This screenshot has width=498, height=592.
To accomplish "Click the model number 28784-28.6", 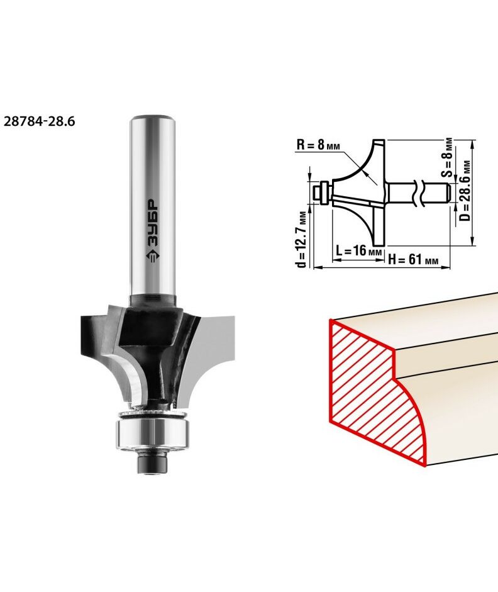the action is (x=39, y=121).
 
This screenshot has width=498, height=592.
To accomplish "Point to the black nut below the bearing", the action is (x=152, y=463).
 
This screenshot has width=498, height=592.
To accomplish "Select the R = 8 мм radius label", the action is (x=318, y=144).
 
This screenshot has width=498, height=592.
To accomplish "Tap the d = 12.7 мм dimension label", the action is (x=301, y=239).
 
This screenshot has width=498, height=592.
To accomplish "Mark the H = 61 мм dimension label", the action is (x=413, y=259).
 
